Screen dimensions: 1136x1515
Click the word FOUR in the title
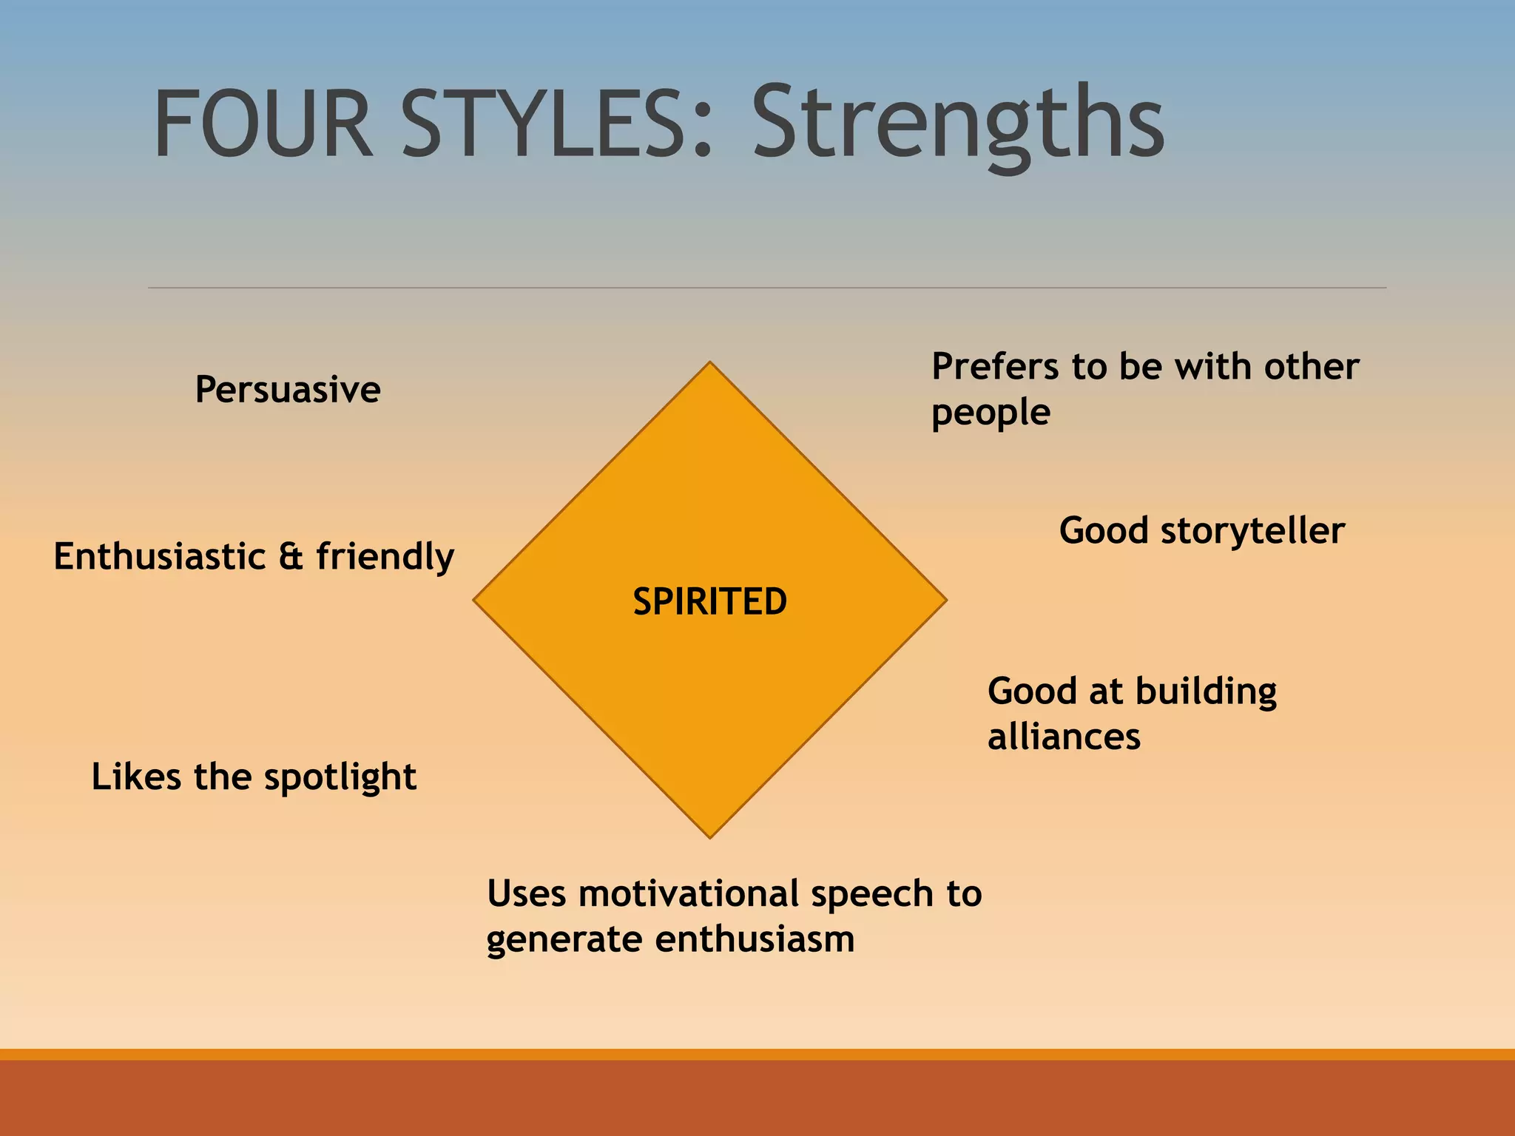263,124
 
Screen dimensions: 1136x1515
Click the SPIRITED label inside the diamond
709,601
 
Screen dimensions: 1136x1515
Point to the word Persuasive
288,390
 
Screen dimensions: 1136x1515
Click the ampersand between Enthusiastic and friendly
291,557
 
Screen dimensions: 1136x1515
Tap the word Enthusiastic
160,557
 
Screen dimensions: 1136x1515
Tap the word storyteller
1252,531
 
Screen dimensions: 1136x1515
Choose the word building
1206,692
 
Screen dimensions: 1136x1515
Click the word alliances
1064,737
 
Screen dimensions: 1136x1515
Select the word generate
565,941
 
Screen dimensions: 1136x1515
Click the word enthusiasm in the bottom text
755,940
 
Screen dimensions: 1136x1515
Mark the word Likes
135,777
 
